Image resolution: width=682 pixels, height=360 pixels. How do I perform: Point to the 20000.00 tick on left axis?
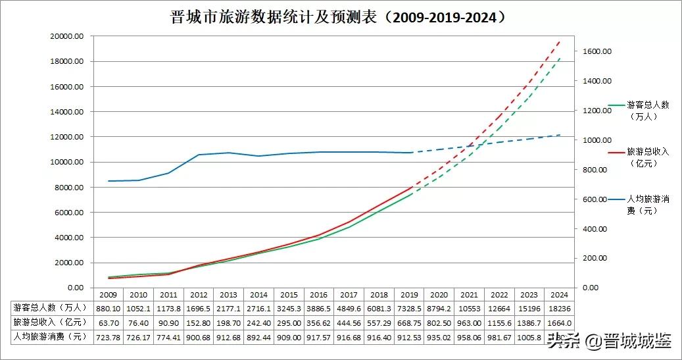click(x=66, y=37)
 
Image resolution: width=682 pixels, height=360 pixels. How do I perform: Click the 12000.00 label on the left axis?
click(x=66, y=137)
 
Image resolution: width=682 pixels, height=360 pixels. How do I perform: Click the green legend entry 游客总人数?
click(x=648, y=110)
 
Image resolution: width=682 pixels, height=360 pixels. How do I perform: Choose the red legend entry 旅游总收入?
click(x=648, y=157)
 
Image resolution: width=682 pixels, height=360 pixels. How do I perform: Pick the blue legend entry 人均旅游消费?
click(x=648, y=204)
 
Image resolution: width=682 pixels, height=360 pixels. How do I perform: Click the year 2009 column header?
click(x=108, y=295)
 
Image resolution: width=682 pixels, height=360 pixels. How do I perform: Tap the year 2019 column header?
click(x=409, y=295)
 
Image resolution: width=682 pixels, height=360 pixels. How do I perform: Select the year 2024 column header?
click(x=560, y=295)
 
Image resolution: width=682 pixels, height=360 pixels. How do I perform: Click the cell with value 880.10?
click(x=108, y=308)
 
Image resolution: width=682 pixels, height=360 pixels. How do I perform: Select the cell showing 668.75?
click(x=409, y=322)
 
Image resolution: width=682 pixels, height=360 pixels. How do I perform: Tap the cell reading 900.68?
click(x=198, y=337)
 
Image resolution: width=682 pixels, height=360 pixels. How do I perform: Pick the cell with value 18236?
click(x=560, y=308)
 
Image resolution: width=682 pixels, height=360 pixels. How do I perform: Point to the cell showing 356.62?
click(x=318, y=322)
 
